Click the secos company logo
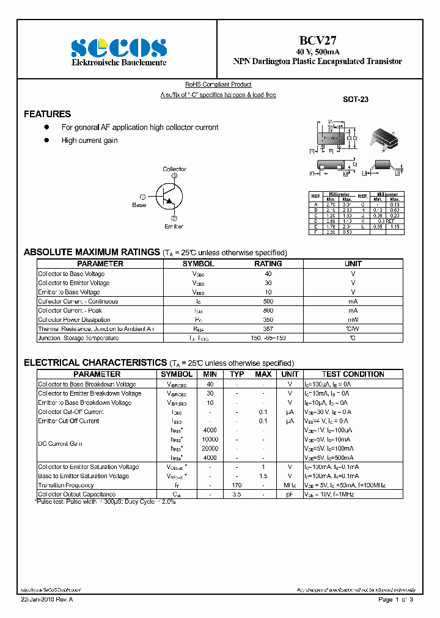(x=119, y=47)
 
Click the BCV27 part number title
(x=317, y=40)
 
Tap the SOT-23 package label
(x=355, y=99)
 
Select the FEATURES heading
(x=47, y=114)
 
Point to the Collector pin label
(x=174, y=169)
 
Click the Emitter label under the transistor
(x=174, y=227)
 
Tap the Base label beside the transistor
(x=139, y=205)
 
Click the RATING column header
(x=268, y=264)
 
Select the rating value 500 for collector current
(x=268, y=301)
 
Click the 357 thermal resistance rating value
(x=268, y=329)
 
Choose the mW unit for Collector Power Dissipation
(x=353, y=320)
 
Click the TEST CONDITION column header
(x=353, y=374)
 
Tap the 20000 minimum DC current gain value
(x=210, y=448)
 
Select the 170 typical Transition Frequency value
(x=237, y=485)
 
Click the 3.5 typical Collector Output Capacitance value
(x=237, y=495)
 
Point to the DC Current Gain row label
(x=60, y=444)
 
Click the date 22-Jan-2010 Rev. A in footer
(x=46, y=600)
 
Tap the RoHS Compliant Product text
(x=218, y=85)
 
